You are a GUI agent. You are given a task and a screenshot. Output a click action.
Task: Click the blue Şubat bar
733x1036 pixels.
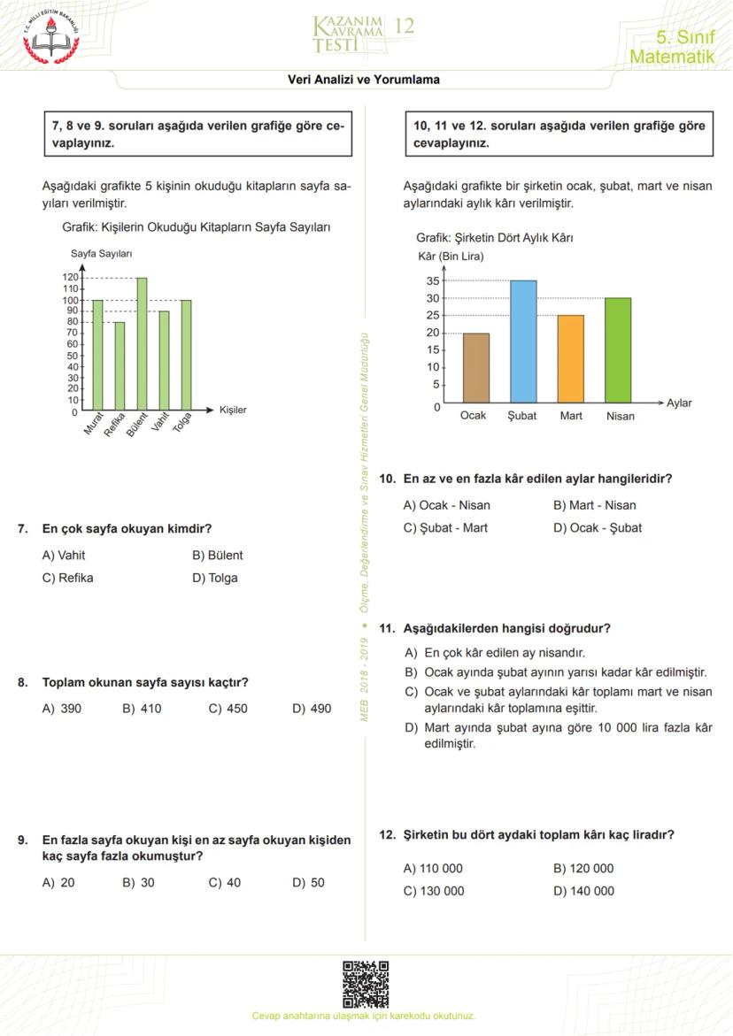(522, 341)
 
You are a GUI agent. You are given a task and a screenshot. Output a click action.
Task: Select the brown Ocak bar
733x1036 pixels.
(475, 367)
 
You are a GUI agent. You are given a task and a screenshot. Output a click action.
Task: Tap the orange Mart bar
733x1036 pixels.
(571, 358)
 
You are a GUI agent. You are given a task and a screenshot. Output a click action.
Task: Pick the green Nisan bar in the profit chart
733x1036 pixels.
(618, 350)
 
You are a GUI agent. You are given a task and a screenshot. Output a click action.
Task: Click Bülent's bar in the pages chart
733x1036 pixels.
(142, 345)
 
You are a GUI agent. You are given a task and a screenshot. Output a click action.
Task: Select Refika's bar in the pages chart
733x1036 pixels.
(120, 366)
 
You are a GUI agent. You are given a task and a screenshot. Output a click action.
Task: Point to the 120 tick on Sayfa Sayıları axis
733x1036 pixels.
(70, 278)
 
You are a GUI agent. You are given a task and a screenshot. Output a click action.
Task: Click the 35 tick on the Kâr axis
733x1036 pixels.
(433, 281)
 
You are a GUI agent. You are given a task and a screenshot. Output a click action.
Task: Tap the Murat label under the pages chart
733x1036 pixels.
(94, 425)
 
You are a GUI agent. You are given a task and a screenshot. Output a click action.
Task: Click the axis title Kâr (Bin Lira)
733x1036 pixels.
(450, 257)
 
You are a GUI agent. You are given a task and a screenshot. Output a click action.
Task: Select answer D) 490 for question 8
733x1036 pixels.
(312, 709)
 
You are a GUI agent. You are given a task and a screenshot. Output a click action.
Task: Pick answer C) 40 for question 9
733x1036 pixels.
(225, 882)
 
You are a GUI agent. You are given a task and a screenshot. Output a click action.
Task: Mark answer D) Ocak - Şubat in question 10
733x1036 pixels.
(598, 528)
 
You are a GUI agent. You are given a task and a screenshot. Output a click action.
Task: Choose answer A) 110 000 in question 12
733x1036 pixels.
(433, 868)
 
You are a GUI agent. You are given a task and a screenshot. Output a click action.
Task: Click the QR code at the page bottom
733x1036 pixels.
(366, 984)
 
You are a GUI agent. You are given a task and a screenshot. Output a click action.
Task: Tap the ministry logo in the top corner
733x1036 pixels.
(50, 35)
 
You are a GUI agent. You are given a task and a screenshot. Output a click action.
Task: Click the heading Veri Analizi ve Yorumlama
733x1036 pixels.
(364, 80)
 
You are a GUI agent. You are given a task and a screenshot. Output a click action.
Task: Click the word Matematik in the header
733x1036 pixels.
(671, 58)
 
